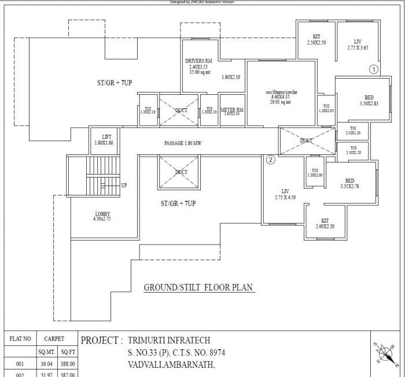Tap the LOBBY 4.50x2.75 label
[x=102, y=216]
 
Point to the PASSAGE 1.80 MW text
[x=182, y=143]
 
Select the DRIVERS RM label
[x=198, y=61]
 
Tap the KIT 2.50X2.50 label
[x=316, y=39]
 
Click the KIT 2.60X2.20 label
[x=325, y=224]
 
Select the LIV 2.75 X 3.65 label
[x=358, y=45]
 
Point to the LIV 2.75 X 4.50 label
[x=285, y=194]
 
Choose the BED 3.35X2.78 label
[x=349, y=183]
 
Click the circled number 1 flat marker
[x=373, y=69]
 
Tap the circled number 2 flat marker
[x=270, y=160]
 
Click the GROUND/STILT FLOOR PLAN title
[x=198, y=287]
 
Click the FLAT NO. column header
[x=20, y=339]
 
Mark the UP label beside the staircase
[x=124, y=186]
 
